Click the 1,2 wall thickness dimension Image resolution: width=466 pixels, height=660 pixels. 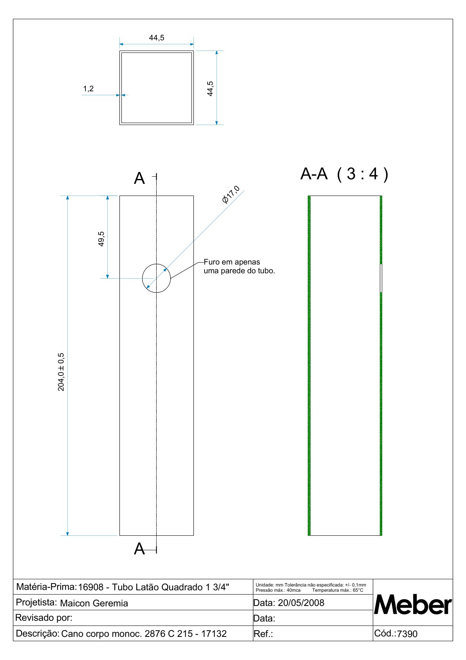click(x=89, y=89)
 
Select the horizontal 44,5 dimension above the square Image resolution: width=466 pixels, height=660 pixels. click(x=157, y=38)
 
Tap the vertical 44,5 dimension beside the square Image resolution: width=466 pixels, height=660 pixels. click(x=210, y=89)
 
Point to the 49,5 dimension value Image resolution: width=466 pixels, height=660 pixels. click(x=101, y=239)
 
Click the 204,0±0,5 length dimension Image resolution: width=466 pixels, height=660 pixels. click(x=61, y=372)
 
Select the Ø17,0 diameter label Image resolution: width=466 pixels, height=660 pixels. click(x=231, y=195)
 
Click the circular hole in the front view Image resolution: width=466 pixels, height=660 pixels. click(x=156, y=278)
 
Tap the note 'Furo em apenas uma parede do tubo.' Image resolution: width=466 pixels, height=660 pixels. click(x=239, y=267)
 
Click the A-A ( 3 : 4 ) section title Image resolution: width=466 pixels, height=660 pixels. click(x=344, y=174)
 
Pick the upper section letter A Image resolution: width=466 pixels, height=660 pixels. click(x=139, y=179)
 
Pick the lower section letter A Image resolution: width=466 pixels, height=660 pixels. click(x=139, y=549)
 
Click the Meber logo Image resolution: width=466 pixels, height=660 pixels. click(x=413, y=605)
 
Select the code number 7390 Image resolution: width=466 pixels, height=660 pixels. click(x=407, y=634)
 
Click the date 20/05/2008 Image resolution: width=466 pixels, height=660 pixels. click(x=301, y=603)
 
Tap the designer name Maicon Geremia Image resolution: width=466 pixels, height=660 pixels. click(x=94, y=603)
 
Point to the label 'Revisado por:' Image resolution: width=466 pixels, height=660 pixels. click(x=44, y=618)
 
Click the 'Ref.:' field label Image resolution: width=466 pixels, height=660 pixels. click(x=263, y=634)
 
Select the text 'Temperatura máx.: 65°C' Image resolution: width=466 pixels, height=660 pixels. click(x=338, y=590)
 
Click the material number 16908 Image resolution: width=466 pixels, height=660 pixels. click(x=91, y=587)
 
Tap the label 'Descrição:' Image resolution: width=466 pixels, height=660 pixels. click(x=38, y=633)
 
